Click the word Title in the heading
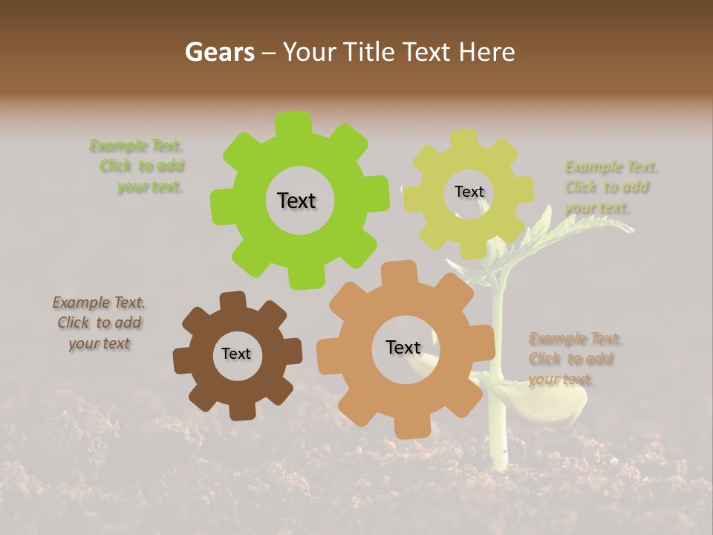[369, 52]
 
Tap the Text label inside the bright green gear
[296, 201]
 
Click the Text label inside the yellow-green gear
[469, 192]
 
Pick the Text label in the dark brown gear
[236, 354]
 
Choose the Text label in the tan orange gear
[403, 347]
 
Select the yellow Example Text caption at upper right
[611, 187]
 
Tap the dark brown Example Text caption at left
[99, 322]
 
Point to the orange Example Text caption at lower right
[574, 359]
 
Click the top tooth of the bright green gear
[294, 123]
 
